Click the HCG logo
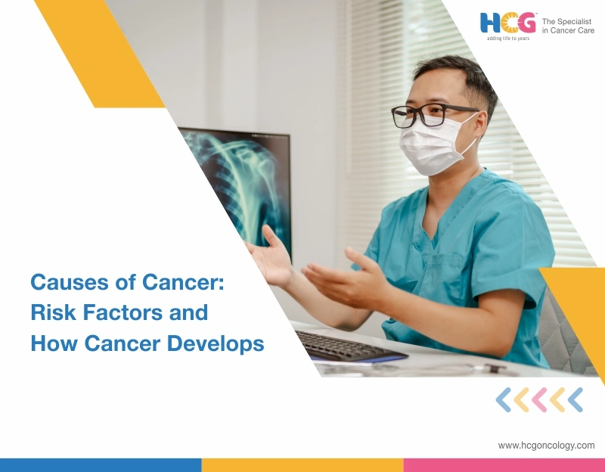[x=507, y=23]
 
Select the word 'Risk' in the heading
[x=51, y=313]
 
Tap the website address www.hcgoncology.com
[x=546, y=446]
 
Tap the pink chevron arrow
[x=538, y=399]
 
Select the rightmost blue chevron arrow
[x=575, y=399]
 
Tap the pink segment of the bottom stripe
[x=504, y=464]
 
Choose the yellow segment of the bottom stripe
[x=302, y=464]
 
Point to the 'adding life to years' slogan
[x=507, y=38]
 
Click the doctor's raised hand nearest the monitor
[x=271, y=256]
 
